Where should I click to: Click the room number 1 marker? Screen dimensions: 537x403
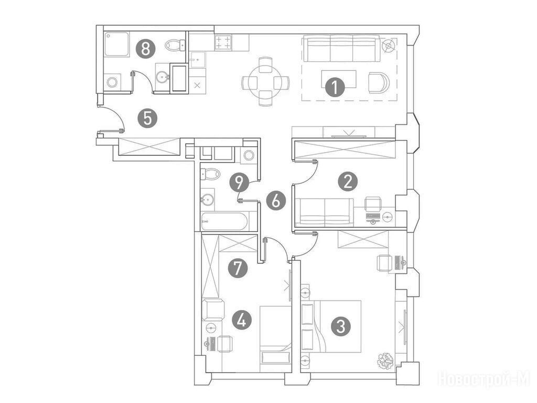point(335,87)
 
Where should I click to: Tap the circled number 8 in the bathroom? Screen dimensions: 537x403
point(146,49)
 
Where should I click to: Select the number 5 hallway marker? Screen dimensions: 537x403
point(147,119)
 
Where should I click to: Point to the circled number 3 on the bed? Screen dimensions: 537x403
point(341,326)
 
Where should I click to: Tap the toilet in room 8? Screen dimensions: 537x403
point(175,45)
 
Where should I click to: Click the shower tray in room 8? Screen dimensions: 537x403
point(117,44)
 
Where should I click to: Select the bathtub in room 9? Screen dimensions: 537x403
point(224,221)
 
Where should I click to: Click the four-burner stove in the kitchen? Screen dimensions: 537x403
point(223,43)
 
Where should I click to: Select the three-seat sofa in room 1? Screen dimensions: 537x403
point(342,50)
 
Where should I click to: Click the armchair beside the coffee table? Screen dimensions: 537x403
point(379,83)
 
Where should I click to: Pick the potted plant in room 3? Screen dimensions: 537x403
point(385,361)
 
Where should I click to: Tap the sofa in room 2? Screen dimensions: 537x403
point(324,212)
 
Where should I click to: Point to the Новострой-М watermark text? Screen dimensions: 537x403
point(484,379)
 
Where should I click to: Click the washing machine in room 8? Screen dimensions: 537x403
point(112,82)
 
